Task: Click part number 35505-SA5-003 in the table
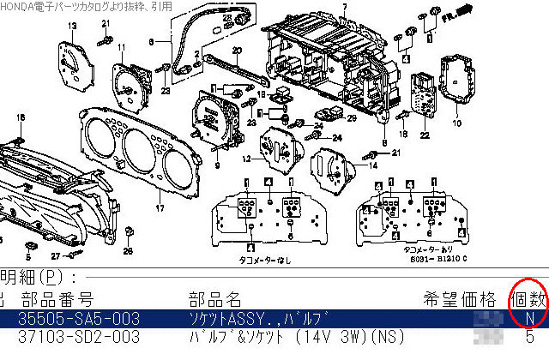click(x=78, y=319)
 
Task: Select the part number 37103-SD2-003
click(x=78, y=337)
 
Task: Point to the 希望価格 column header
click(x=459, y=299)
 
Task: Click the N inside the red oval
click(x=529, y=319)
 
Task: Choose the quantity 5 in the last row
click(x=529, y=337)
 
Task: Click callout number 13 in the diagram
click(x=73, y=28)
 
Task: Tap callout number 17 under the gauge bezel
click(x=159, y=208)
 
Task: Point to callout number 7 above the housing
click(x=344, y=8)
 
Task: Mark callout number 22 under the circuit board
click(x=425, y=134)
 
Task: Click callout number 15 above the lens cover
click(x=21, y=117)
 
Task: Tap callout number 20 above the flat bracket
click(x=236, y=50)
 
